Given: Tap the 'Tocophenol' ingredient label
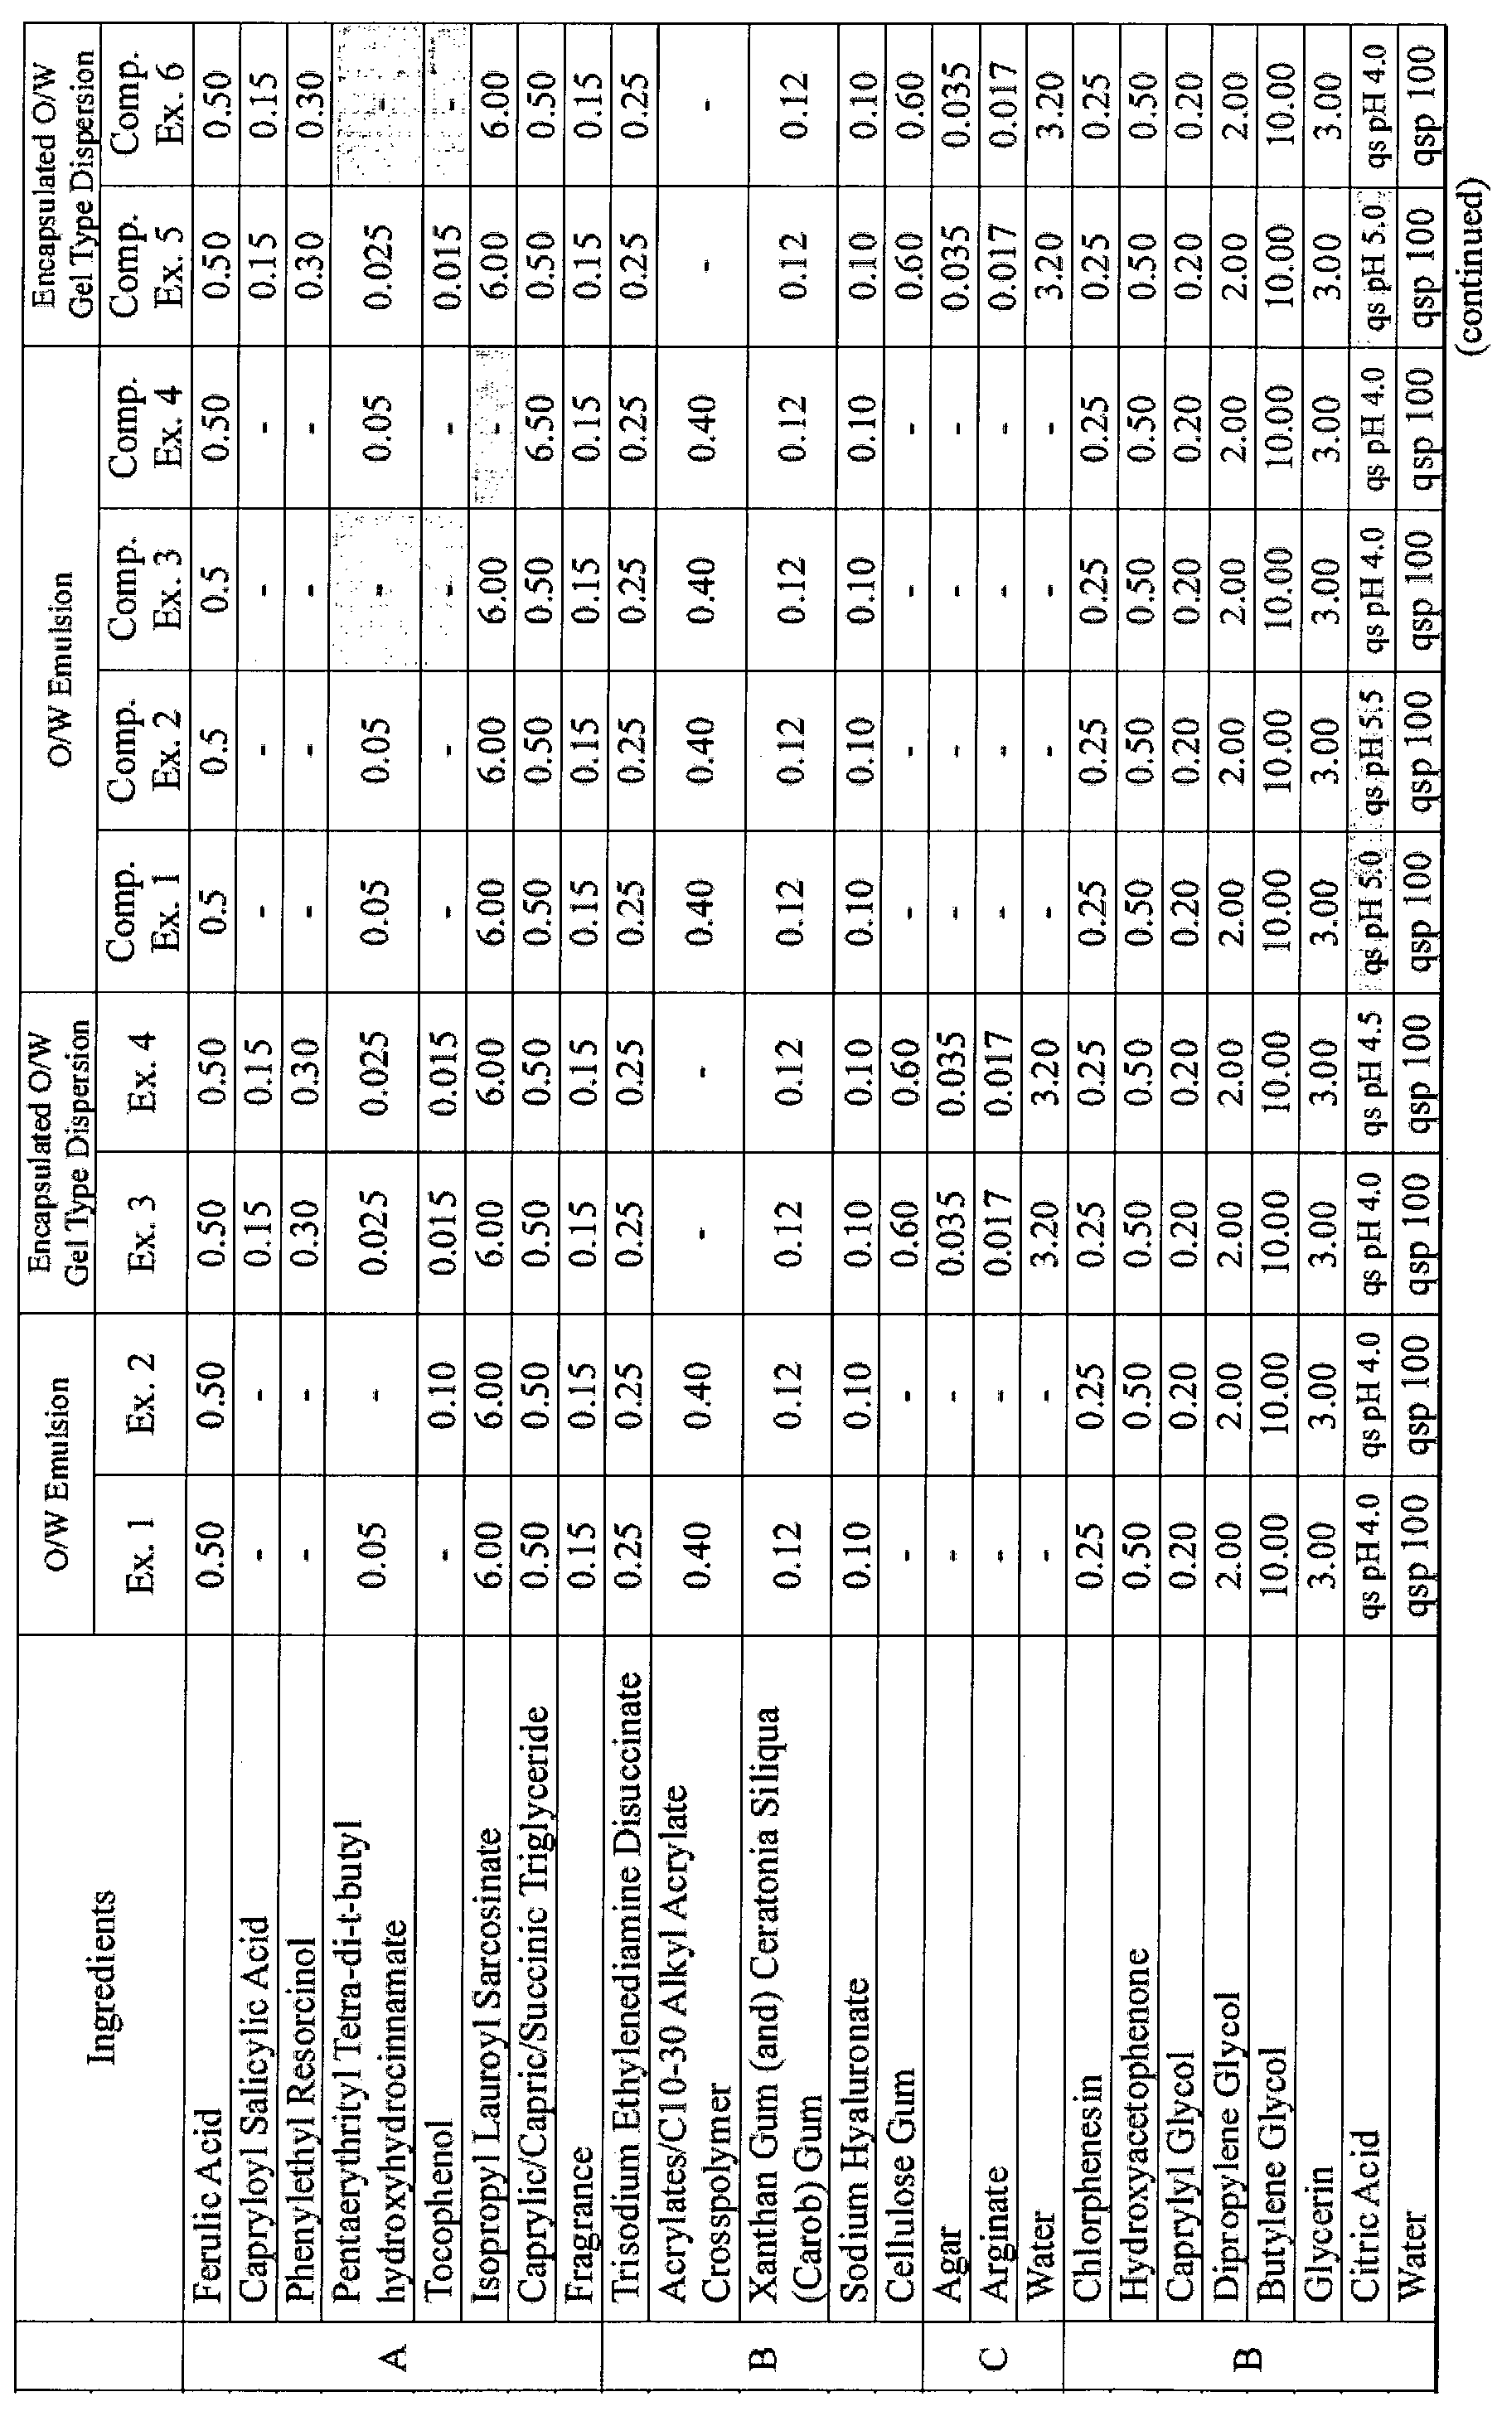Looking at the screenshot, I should [441, 2171].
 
